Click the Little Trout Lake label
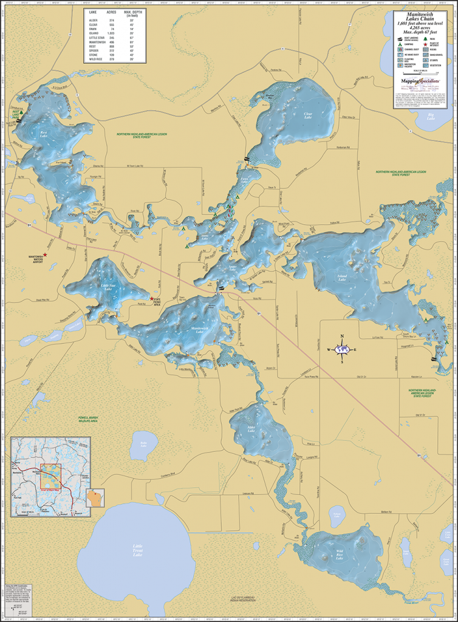(140, 552)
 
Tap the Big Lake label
(430, 115)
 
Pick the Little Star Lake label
(108, 287)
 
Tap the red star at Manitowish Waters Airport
(45, 254)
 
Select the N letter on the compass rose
(342, 336)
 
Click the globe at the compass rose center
(342, 349)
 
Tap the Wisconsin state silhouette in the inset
(95, 498)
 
